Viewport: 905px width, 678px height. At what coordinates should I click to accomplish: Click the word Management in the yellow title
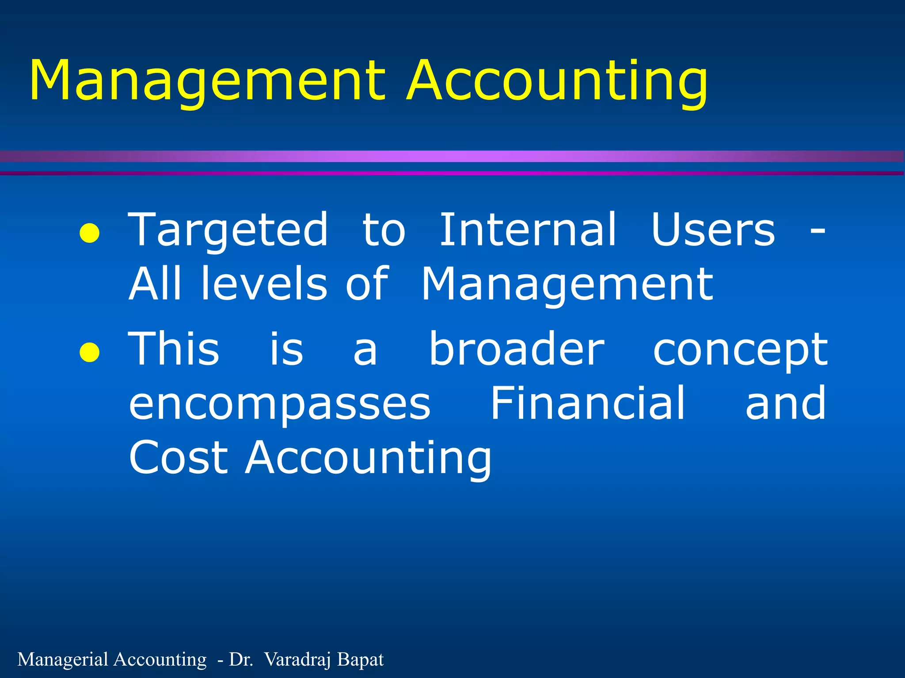coord(208,82)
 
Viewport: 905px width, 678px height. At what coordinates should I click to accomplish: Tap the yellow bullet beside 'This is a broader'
coord(89,352)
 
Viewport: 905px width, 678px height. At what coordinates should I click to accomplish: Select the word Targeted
coord(228,230)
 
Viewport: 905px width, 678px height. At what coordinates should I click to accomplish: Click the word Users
coord(713,230)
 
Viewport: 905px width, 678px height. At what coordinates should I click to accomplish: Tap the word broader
coord(517,349)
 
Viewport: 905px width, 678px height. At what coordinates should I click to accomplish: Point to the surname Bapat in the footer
coord(360,659)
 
